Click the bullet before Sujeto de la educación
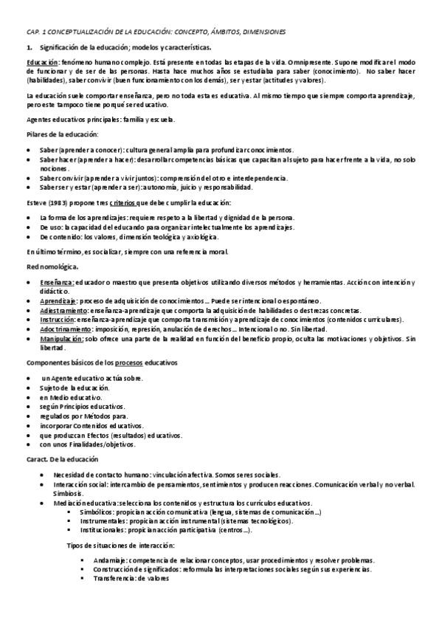(x=29, y=387)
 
